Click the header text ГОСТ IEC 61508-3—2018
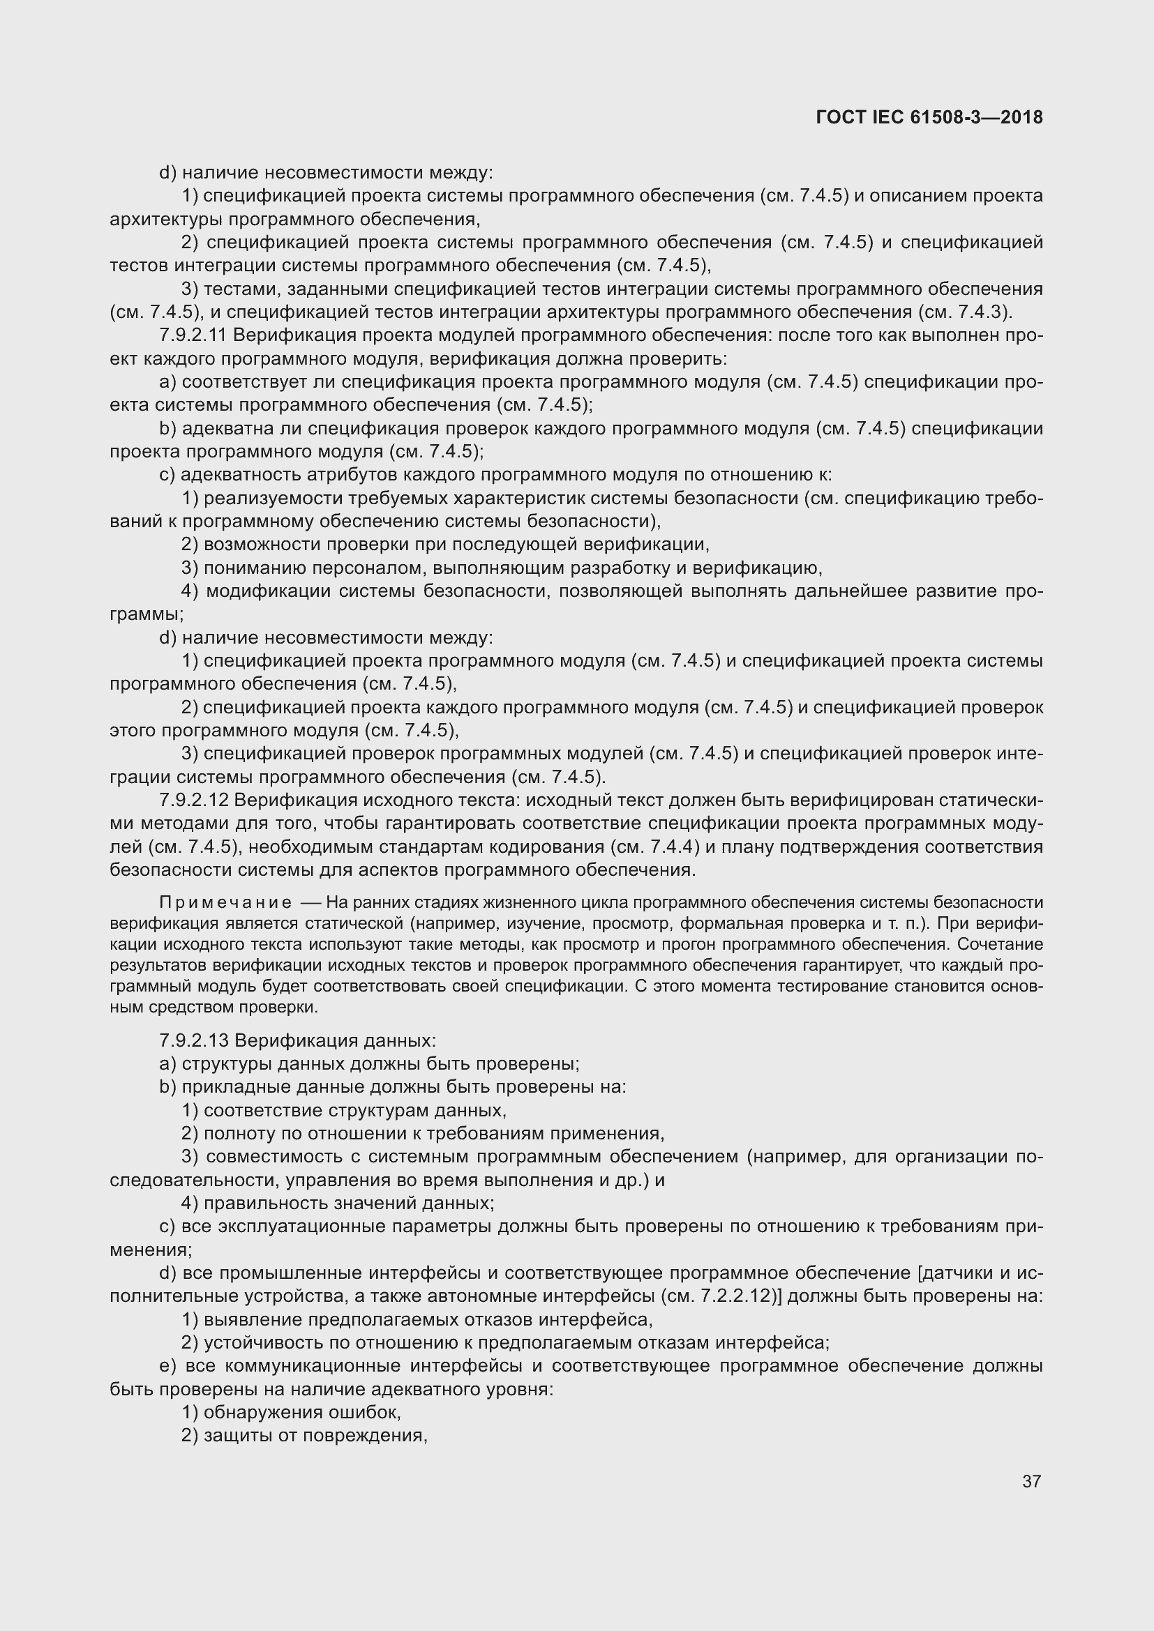coord(929,117)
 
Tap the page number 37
coord(1032,1481)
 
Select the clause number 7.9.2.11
coord(194,335)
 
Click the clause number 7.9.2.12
coord(194,801)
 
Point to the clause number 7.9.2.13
coord(194,1040)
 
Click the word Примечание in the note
coord(225,903)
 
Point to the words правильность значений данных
coord(347,1204)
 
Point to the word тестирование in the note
coord(839,986)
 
